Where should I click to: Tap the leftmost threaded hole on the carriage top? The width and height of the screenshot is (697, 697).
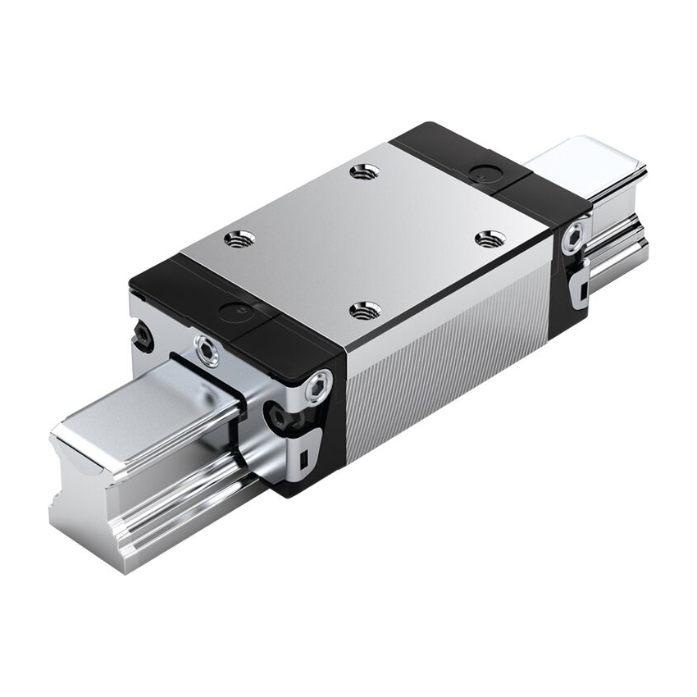click(x=241, y=239)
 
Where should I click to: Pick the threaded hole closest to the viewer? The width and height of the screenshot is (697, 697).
click(x=363, y=310)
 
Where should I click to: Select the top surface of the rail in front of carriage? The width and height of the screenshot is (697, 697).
click(x=139, y=410)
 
